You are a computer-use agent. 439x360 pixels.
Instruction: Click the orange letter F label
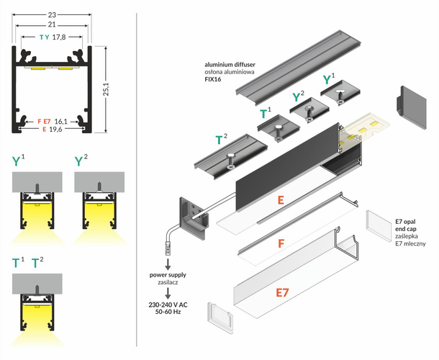[x=282, y=243]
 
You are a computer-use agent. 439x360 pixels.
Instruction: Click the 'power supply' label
[x=168, y=275]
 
